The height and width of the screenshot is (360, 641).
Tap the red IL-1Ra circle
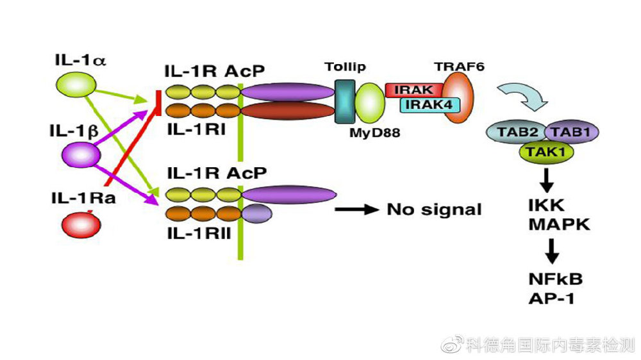pos(79,224)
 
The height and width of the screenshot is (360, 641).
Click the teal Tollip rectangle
pos(345,101)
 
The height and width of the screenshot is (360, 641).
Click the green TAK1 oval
pos(545,152)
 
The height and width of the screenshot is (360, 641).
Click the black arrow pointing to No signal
pos(355,209)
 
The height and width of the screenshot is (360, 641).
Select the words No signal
pos(433,209)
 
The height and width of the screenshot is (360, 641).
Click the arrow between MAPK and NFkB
pos(550,253)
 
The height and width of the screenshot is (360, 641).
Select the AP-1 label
pos(550,299)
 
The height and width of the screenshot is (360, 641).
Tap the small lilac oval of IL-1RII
pos(257,212)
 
